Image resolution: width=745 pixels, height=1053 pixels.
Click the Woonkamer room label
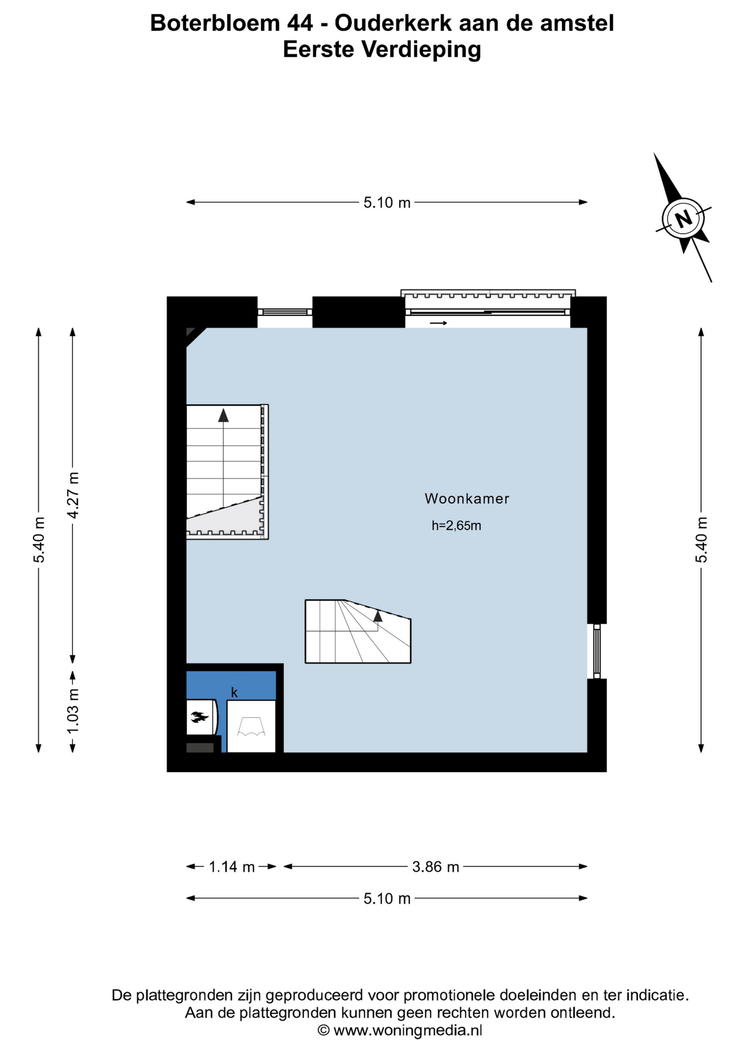click(x=467, y=499)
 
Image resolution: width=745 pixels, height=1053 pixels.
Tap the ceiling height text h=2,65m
click(x=456, y=525)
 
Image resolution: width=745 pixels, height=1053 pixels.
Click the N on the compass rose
click(x=683, y=219)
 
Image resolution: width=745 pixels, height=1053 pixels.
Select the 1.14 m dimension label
click(x=232, y=867)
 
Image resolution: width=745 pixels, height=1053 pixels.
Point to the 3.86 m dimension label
click(x=436, y=867)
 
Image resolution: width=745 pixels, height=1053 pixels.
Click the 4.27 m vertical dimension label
click(x=73, y=494)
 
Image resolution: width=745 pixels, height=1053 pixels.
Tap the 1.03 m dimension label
click(x=73, y=711)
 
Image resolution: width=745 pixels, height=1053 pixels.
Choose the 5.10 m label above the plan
click(x=387, y=202)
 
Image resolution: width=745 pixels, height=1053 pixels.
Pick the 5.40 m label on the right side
click(x=702, y=540)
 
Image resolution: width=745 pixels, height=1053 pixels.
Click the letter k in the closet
click(x=234, y=693)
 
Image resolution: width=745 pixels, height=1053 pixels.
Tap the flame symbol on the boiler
click(x=199, y=716)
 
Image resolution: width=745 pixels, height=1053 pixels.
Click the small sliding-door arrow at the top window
click(x=438, y=323)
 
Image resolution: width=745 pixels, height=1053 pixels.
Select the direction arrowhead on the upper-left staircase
click(x=223, y=415)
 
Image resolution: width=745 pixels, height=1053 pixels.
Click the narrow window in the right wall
click(x=597, y=651)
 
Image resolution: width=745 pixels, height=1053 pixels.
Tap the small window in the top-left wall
click(x=285, y=312)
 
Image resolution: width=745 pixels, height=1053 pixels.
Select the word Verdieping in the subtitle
click(x=421, y=50)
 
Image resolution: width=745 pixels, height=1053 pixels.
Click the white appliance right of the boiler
click(x=251, y=726)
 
